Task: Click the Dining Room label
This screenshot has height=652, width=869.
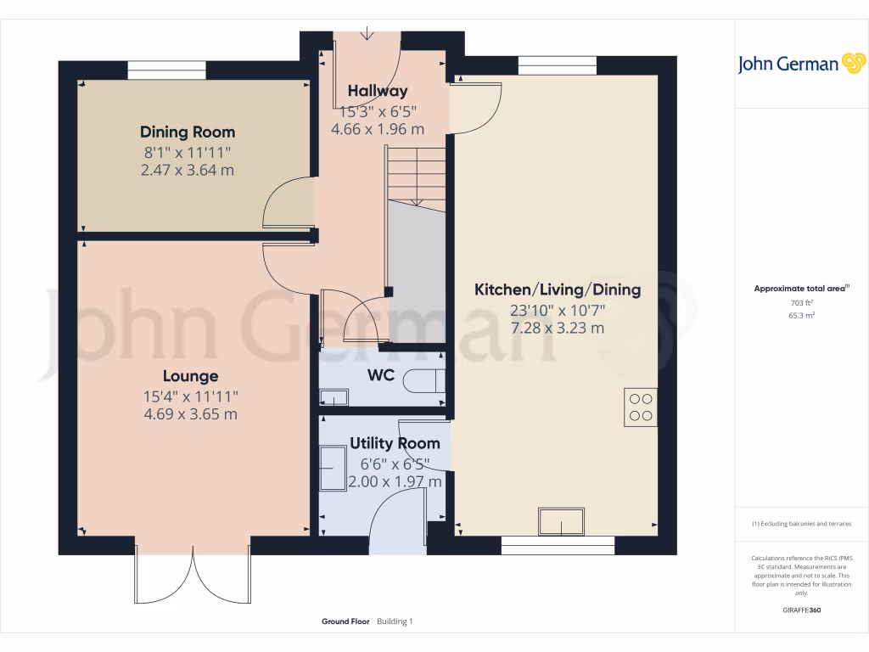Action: pyautogui.click(x=188, y=132)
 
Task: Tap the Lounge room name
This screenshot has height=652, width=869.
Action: pyautogui.click(x=191, y=376)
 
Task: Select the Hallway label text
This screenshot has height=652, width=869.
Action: pyautogui.click(x=378, y=91)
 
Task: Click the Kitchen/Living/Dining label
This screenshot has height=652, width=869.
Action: pyautogui.click(x=558, y=289)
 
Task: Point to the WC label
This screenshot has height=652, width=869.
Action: pyautogui.click(x=381, y=375)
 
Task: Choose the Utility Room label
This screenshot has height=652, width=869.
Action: pyautogui.click(x=395, y=443)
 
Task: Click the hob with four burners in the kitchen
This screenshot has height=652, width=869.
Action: pyautogui.click(x=640, y=405)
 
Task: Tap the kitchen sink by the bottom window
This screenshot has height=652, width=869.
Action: pyautogui.click(x=561, y=520)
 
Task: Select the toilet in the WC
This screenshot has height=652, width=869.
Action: pyautogui.click(x=421, y=381)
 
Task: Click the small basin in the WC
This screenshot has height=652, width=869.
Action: pyautogui.click(x=334, y=396)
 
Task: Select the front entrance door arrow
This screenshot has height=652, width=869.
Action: pyautogui.click(x=367, y=34)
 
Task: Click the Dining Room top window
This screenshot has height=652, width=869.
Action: pyautogui.click(x=166, y=70)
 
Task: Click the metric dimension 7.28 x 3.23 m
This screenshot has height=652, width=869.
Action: pyautogui.click(x=558, y=328)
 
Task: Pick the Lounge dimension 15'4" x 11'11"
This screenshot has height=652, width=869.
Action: pyautogui.click(x=191, y=396)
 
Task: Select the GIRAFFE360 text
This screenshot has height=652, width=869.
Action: pyautogui.click(x=802, y=610)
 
